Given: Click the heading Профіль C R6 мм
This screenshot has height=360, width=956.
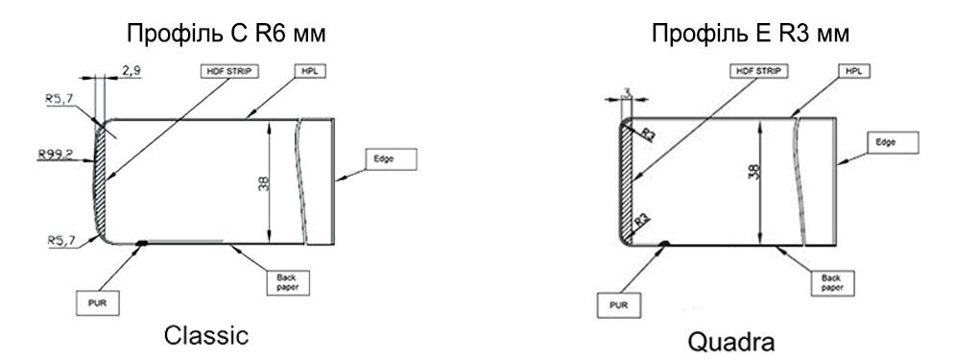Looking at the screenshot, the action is [227, 34].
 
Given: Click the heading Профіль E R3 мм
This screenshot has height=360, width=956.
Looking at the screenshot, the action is [751, 34].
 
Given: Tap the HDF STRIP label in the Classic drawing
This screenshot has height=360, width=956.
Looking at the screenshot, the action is [229, 71].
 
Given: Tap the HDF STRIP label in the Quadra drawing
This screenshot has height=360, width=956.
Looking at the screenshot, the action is [758, 71].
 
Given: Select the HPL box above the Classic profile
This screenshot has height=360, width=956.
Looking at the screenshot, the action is [310, 71].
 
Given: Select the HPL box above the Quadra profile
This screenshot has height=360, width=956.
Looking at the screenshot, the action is [854, 71].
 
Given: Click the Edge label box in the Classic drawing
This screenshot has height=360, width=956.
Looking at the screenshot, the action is [392, 158].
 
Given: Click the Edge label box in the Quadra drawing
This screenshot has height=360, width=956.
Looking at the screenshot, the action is [893, 142].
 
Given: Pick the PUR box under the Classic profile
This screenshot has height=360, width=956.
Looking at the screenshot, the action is [98, 303].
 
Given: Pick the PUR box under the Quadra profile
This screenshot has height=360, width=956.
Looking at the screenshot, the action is [619, 305].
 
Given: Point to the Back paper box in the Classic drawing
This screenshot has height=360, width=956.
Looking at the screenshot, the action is [289, 282].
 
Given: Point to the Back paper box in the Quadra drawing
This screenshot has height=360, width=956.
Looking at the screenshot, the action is [832, 282].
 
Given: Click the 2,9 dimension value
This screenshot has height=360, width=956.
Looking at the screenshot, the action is [131, 71].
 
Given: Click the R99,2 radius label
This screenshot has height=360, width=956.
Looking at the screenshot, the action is [56, 155].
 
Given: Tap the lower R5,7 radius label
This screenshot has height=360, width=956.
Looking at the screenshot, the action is [62, 241].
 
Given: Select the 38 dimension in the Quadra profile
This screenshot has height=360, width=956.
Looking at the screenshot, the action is [754, 172].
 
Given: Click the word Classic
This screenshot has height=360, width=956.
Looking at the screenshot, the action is [206, 336].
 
